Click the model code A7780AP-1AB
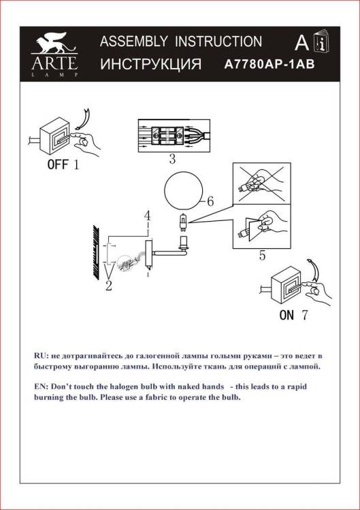(269, 64)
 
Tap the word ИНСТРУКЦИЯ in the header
(150, 64)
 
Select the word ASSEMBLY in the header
(134, 41)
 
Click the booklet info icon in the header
(322, 41)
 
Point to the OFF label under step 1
(58, 165)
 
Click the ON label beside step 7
(287, 315)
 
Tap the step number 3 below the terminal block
(172, 159)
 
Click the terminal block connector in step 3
(167, 135)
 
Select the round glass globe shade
(184, 191)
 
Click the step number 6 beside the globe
(210, 201)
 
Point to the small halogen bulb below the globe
(184, 222)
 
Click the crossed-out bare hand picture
(262, 184)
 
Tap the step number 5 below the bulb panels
(263, 256)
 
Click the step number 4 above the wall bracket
(148, 216)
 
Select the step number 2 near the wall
(109, 286)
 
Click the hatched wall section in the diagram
(97, 252)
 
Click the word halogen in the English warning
(124, 387)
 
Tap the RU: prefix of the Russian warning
(42, 356)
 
